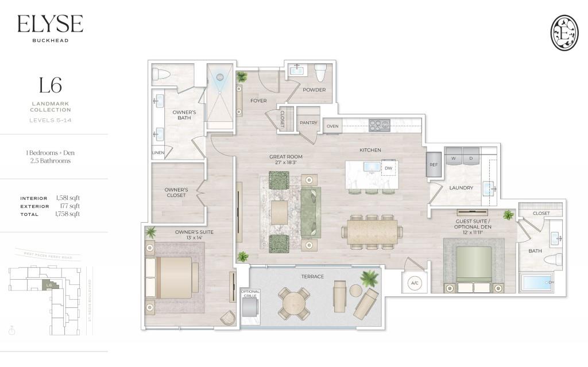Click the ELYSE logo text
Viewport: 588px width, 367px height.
(x=50, y=24)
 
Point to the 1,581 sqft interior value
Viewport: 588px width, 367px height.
(x=68, y=198)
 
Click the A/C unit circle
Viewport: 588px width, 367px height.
(x=415, y=283)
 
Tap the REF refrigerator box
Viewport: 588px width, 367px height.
(x=434, y=164)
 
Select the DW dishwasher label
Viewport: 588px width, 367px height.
(x=389, y=168)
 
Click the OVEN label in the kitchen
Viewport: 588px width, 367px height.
(x=332, y=126)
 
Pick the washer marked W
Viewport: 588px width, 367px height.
(x=453, y=158)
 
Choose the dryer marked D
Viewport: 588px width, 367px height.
(x=471, y=158)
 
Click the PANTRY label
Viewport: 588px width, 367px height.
(x=308, y=122)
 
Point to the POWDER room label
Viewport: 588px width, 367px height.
(x=314, y=90)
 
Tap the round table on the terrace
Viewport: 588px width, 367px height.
(x=293, y=303)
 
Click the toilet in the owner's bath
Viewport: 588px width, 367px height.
(x=161, y=74)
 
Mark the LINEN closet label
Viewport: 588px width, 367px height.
(x=158, y=153)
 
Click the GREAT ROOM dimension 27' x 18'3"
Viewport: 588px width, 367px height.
(x=286, y=163)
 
